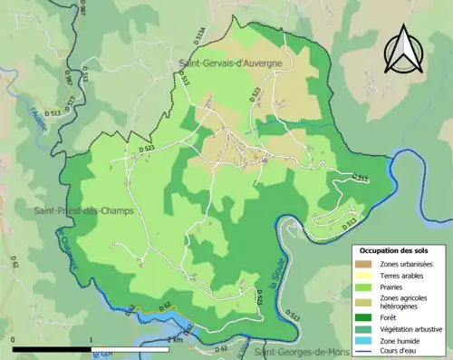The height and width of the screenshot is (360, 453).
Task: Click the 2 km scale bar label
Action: pyautogui.click(x=175, y=340)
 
